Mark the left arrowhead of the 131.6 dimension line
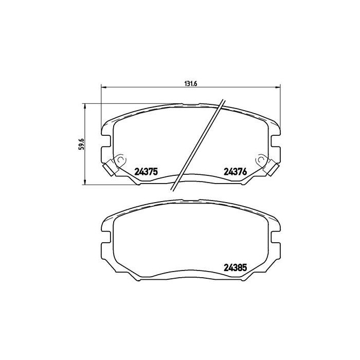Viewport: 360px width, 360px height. (103, 87)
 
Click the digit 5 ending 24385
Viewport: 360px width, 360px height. (246, 267)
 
